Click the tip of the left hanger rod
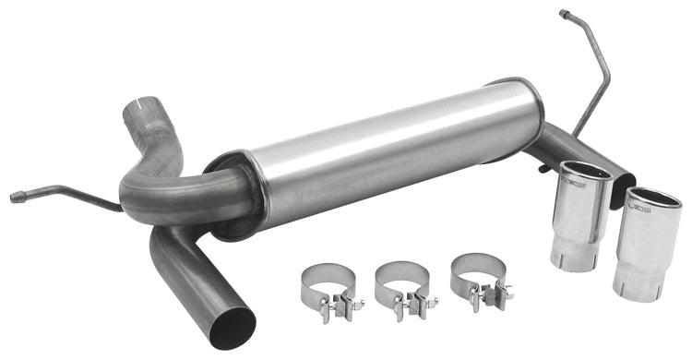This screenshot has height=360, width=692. point(16,197)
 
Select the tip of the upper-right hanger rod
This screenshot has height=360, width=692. point(564,14)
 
